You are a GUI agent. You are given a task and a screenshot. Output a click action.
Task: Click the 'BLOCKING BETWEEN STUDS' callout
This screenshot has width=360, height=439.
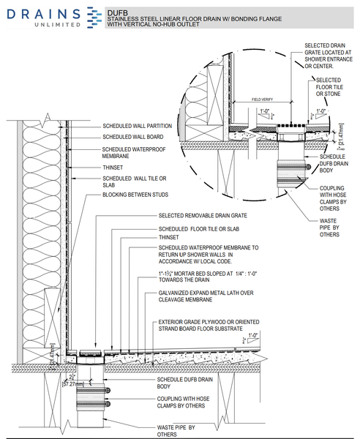point(135,195)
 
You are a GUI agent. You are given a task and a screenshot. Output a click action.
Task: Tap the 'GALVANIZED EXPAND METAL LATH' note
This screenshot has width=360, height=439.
point(206,296)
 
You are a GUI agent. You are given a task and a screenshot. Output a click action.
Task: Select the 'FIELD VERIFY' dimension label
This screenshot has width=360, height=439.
point(263,99)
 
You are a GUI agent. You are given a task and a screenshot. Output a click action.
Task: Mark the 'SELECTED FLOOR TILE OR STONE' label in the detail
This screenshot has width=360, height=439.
point(328,88)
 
